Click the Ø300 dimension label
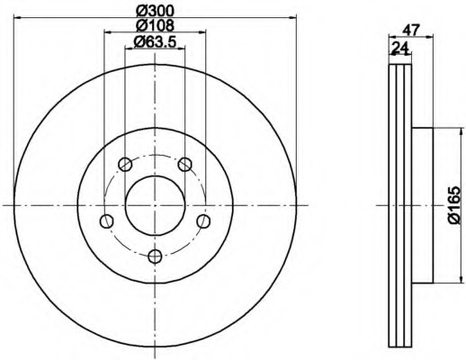(x=155, y=11)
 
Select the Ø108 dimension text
(x=155, y=25)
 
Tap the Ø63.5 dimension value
(x=155, y=41)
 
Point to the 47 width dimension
(x=410, y=30)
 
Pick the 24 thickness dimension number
(x=400, y=48)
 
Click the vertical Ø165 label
(x=454, y=205)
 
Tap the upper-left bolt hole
(x=125, y=164)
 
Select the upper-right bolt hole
(x=184, y=164)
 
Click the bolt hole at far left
(x=106, y=221)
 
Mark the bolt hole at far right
(x=203, y=221)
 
